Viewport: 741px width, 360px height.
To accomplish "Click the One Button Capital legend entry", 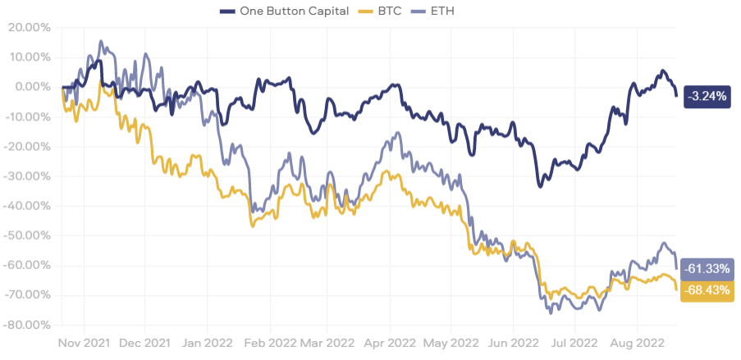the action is pos(284,11).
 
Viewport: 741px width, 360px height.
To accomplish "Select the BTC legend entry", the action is pos(381,11).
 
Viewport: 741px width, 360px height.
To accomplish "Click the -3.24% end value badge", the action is pos(707,97).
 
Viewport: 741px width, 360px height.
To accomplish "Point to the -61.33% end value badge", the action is pos(708,270).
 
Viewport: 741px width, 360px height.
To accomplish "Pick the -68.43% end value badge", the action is pos(708,290).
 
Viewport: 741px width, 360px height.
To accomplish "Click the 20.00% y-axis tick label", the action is pos(30,28).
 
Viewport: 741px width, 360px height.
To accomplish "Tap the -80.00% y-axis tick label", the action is pos(26,326).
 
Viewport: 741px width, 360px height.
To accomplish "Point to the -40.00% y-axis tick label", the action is pos(26,206).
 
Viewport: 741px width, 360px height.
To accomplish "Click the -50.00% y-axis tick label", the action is pos(26,235).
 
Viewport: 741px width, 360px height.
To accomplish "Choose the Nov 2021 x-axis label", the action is pos(85,343).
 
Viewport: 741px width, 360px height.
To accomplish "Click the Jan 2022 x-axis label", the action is pos(207,343).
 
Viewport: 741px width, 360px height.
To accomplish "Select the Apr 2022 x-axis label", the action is pos(391,343).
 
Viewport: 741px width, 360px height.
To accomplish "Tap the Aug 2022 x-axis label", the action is pos(637,343).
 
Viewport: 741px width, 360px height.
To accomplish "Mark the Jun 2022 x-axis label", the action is pos(513,343).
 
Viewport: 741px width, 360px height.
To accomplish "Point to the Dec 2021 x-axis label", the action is pos(145,343).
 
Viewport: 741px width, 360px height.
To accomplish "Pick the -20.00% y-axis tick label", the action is pos(26,147).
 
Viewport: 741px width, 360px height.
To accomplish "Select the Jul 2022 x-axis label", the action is pos(574,343).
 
